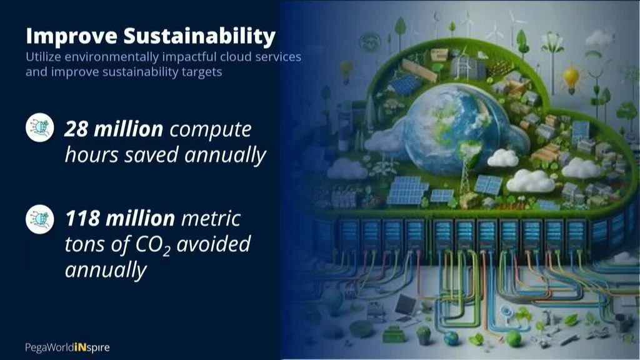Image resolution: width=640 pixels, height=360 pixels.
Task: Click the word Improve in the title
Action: [x=71, y=36]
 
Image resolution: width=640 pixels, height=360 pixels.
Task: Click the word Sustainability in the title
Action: [x=199, y=36]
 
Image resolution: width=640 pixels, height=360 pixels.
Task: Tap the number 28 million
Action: [x=114, y=129]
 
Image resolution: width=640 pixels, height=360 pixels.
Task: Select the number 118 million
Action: [x=120, y=218]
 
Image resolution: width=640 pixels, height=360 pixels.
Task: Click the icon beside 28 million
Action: [x=40, y=127]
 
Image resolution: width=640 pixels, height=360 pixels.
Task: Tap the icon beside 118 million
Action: [x=40, y=219]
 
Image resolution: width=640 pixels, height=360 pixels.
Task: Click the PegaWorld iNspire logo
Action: [x=67, y=347]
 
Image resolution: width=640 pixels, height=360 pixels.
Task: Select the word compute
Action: [x=210, y=130]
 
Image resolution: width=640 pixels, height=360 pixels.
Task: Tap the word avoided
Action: [x=214, y=244]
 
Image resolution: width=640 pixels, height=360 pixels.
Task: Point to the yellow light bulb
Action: [x=571, y=79]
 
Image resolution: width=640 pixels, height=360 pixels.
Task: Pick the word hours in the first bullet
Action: [x=91, y=155]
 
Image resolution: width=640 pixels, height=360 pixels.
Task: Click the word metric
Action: [x=211, y=219]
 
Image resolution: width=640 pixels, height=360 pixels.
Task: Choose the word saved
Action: [x=151, y=156]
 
